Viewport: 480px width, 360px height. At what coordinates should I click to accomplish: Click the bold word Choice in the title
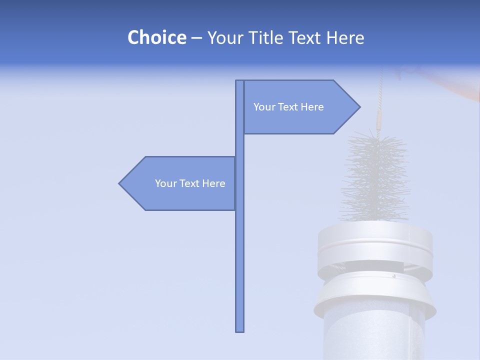click(x=156, y=37)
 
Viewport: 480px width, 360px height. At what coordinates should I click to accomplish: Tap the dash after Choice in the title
click(x=196, y=38)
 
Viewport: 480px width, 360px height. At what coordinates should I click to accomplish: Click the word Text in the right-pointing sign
click(x=288, y=107)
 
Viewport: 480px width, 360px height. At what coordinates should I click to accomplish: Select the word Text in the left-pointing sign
click(x=190, y=183)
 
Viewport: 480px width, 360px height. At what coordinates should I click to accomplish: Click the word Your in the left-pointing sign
click(x=165, y=183)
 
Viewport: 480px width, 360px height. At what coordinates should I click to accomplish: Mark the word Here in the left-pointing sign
click(x=213, y=183)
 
